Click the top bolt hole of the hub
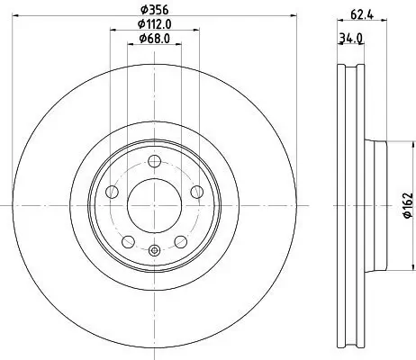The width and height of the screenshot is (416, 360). click(155, 161)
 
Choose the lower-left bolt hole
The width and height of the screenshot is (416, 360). click(128, 242)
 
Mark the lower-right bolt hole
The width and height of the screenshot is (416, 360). click(181, 242)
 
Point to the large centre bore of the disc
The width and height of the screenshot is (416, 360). click(155, 205)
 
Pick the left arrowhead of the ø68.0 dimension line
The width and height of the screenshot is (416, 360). click(130, 46)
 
